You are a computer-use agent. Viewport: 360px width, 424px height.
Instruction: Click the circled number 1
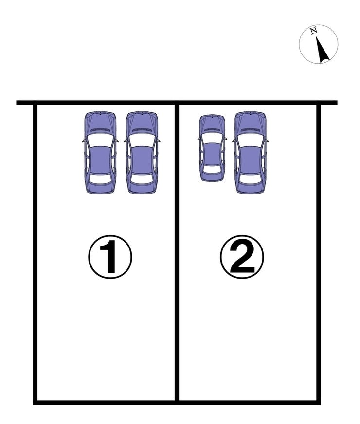(110, 257)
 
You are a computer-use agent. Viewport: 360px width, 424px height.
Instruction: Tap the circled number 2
(242, 257)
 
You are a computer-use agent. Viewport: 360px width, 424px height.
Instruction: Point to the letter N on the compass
(313, 31)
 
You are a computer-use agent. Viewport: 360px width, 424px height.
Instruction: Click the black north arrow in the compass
(322, 50)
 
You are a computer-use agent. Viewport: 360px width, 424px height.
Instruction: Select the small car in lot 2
(212, 148)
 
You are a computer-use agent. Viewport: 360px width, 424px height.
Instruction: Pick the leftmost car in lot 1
(100, 153)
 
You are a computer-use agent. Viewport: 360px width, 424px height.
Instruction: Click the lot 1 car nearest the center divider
(142, 153)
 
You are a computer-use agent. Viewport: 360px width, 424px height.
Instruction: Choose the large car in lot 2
(251, 153)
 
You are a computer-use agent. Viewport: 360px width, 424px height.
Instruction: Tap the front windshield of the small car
(212, 138)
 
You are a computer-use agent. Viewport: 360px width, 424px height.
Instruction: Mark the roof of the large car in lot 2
(251, 160)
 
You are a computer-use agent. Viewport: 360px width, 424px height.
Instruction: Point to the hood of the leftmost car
(100, 122)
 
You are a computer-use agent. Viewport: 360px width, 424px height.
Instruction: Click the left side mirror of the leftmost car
(84, 141)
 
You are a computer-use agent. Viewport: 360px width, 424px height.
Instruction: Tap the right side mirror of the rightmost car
(267, 141)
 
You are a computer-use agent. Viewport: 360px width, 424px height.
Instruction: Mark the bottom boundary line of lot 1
(106, 403)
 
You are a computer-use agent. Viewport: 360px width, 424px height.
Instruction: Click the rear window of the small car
(212, 170)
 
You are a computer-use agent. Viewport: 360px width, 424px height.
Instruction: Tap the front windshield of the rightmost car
(251, 141)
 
